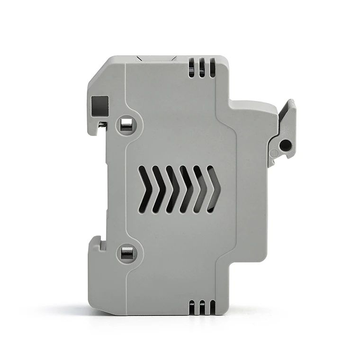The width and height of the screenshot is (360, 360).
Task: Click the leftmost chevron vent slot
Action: tap(144, 189)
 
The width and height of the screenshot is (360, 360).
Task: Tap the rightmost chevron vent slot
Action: tap(214, 189)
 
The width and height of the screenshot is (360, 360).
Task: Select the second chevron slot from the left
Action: tap(158, 189)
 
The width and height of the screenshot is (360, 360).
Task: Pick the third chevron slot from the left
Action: tap(172, 189)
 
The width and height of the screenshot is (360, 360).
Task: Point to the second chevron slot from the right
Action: tap(200, 189)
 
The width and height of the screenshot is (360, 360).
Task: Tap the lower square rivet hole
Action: tap(126, 254)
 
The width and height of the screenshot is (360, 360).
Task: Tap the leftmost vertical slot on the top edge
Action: tap(191, 68)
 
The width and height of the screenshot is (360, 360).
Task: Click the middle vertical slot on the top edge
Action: tap(202, 68)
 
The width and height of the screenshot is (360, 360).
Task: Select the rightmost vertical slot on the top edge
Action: tap(212, 68)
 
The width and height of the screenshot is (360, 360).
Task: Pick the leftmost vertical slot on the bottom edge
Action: tap(191, 307)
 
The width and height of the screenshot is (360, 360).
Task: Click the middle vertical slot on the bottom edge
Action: tap(202, 307)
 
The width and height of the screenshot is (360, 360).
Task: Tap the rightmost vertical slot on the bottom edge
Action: tap(212, 307)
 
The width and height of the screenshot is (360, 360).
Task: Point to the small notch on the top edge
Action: tap(155, 59)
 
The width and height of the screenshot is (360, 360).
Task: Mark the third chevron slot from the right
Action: tap(186, 189)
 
